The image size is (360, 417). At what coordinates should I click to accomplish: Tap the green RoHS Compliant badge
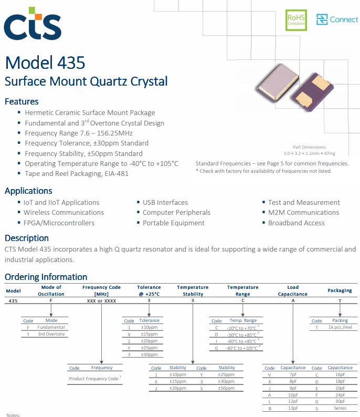click(295, 19)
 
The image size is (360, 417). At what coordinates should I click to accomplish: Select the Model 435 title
click(45, 62)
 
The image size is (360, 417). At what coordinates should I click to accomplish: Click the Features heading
click(22, 101)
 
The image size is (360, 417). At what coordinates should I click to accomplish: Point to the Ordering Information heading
click(46, 277)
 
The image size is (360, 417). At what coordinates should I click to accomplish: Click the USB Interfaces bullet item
click(165, 202)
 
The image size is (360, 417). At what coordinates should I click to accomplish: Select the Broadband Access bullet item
click(296, 223)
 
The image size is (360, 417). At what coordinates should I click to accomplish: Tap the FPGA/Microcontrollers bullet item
click(59, 223)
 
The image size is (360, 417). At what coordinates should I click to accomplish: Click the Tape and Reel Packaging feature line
click(76, 173)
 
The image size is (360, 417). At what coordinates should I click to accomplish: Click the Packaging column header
click(340, 290)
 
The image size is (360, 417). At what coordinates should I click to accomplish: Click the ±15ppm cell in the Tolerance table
click(149, 333)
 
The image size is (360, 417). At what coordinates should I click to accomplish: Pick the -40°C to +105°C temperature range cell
click(242, 348)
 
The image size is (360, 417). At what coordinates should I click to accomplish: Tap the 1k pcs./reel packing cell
click(340, 327)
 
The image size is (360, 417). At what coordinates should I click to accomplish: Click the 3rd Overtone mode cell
click(51, 333)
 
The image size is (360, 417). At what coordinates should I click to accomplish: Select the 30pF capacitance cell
click(340, 401)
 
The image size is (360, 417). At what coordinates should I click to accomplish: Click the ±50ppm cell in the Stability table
click(226, 388)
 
